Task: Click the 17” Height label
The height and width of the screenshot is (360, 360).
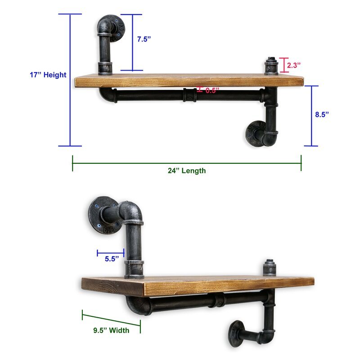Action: click(48, 75)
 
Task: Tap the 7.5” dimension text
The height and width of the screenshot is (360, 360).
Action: click(144, 39)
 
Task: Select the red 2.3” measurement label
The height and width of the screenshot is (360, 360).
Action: click(294, 65)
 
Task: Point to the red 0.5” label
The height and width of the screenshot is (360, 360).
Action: click(212, 90)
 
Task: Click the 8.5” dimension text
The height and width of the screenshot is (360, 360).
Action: click(322, 114)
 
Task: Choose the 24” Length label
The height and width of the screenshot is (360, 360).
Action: click(187, 171)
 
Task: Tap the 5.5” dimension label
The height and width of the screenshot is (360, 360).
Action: click(112, 259)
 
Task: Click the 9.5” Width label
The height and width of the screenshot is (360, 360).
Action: click(111, 330)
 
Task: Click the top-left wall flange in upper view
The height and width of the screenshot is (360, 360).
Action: click(117, 28)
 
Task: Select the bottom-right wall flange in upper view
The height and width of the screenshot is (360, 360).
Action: click(254, 134)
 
